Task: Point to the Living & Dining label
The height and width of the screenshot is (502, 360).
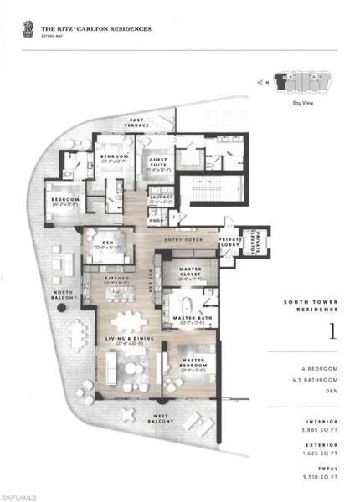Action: (x=126, y=339)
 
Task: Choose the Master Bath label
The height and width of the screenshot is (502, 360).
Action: (x=191, y=318)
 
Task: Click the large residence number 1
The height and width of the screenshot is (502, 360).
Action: (x=333, y=331)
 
